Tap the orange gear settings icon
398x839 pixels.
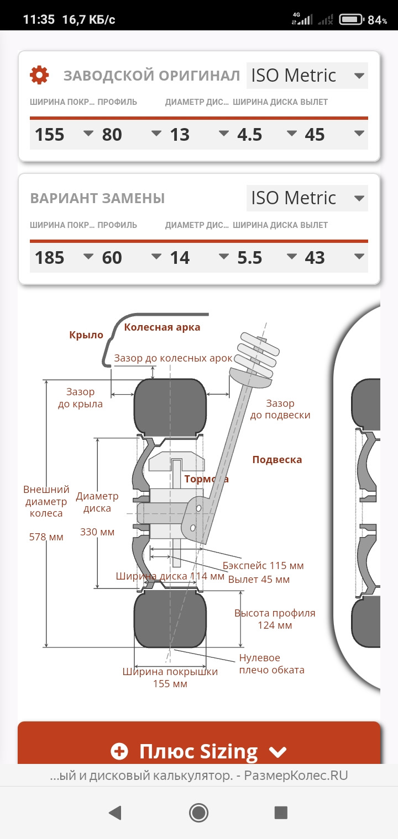(x=39, y=75)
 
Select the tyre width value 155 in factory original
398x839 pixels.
(x=50, y=135)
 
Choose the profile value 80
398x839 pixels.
(x=112, y=135)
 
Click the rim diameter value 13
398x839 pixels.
(x=180, y=135)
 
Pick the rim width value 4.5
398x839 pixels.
(x=249, y=135)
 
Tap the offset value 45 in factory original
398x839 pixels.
(x=315, y=135)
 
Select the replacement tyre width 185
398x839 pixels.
(x=50, y=258)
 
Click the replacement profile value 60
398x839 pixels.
(x=112, y=258)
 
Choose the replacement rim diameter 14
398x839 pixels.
(x=180, y=258)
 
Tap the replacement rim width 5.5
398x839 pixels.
(x=249, y=258)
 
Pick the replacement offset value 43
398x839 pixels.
(x=315, y=258)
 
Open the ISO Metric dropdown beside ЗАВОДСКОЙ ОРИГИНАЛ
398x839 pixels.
(x=307, y=75)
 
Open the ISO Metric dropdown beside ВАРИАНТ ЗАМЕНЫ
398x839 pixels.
(x=307, y=198)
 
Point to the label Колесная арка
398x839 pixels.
(x=162, y=327)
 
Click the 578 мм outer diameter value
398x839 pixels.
(x=46, y=537)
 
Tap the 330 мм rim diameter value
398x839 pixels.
(x=97, y=532)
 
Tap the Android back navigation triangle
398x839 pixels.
(x=115, y=813)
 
